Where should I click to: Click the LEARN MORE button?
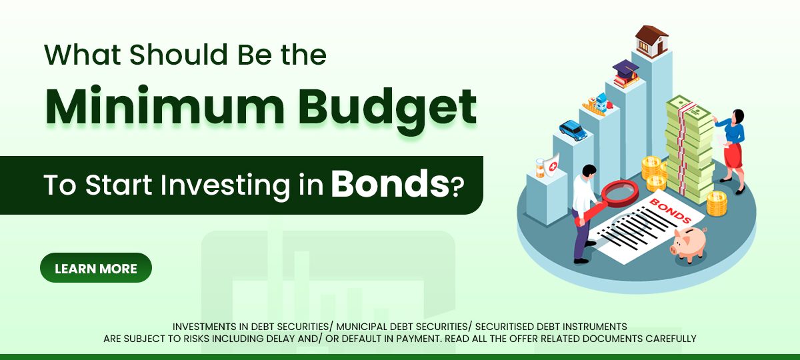coord(96,268)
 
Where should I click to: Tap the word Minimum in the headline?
coord(165,106)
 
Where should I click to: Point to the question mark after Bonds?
coord(457,187)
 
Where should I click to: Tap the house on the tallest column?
coord(651,42)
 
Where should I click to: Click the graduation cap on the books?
coord(625,69)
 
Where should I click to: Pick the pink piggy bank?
coord(689,244)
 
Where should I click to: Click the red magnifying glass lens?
coord(620,193)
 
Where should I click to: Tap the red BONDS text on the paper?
coord(669,211)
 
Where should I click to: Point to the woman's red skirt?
coord(733,156)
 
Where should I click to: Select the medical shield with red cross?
coord(551,166)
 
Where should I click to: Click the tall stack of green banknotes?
coord(689,149)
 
